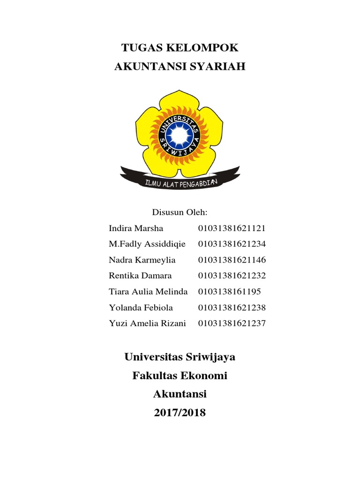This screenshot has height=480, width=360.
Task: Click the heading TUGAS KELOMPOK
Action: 180,47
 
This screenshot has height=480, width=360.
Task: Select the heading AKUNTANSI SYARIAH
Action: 180,67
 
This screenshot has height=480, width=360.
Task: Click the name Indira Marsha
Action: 136,229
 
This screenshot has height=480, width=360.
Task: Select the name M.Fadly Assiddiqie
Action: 147,244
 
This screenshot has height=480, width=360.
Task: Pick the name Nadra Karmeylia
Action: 142,260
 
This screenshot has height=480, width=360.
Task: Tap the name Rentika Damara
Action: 140,276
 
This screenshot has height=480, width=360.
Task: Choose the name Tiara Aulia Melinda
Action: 148,292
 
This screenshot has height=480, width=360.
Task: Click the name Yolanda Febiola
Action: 141,307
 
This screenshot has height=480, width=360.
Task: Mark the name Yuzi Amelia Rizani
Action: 147,323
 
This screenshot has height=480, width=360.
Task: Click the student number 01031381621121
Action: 232,229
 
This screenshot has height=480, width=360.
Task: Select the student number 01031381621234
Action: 232,244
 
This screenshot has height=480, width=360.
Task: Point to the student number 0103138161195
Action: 230,292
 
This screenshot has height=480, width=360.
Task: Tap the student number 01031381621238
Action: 232,307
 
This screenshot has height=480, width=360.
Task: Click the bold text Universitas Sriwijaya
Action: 180,357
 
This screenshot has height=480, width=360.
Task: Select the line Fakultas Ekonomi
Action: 180,376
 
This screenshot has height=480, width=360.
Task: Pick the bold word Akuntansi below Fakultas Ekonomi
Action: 180,395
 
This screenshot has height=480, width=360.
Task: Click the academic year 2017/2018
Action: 180,413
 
